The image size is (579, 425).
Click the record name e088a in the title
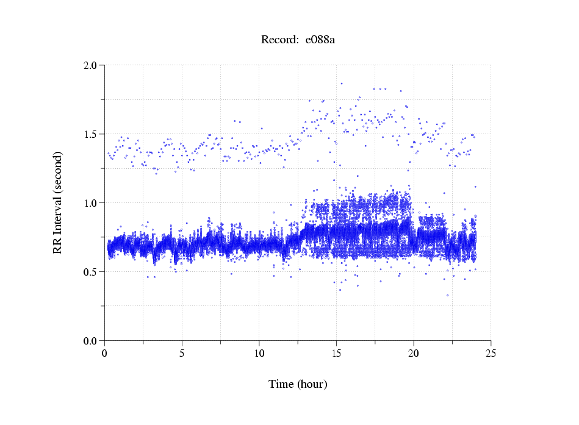[320, 40]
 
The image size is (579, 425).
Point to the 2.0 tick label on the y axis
[91, 65]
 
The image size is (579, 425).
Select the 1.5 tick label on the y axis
[91, 134]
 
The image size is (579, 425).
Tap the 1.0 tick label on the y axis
[91, 203]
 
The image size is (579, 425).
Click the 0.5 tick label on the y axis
[91, 272]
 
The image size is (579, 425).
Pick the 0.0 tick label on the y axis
[91, 341]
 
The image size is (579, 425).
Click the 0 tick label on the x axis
[105, 352]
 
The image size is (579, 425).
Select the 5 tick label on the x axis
[182, 352]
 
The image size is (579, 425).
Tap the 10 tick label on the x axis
[259, 352]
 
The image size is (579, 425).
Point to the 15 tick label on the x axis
[336, 352]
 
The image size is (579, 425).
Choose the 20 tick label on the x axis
[414, 352]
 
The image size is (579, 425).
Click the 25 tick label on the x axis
[491, 352]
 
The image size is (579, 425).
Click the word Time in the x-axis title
[281, 385]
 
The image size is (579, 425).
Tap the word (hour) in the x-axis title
[312, 385]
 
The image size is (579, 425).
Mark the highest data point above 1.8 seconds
[342, 84]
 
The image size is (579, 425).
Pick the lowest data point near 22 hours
[447, 295]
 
